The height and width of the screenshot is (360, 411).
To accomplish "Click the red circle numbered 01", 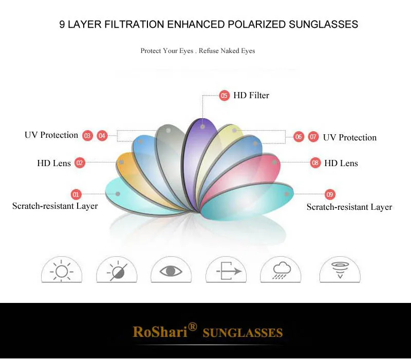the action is pyautogui.click(x=76, y=194).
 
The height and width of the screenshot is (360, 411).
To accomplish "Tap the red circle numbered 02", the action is pyautogui.click(x=80, y=163).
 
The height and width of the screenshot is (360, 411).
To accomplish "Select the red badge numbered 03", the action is pyautogui.click(x=87, y=136).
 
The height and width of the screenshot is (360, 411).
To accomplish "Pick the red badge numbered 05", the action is pyautogui.click(x=224, y=96).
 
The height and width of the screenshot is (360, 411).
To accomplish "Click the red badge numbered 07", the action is pyautogui.click(x=313, y=137).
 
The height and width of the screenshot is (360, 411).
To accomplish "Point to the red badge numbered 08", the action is pyautogui.click(x=315, y=163).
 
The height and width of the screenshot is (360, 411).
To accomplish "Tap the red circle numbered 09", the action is pyautogui.click(x=330, y=194).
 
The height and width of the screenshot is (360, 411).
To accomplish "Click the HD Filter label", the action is pyautogui.click(x=251, y=95).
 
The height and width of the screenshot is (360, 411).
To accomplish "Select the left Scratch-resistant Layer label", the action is pyautogui.click(x=55, y=206).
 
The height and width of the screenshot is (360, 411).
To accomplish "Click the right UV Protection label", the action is pyautogui.click(x=350, y=137).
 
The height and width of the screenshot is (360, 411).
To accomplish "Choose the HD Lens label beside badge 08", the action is pyautogui.click(x=341, y=163).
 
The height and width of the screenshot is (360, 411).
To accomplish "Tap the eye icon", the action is pyautogui.click(x=171, y=271).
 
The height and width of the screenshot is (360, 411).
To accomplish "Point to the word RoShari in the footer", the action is pyautogui.click(x=160, y=331).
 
